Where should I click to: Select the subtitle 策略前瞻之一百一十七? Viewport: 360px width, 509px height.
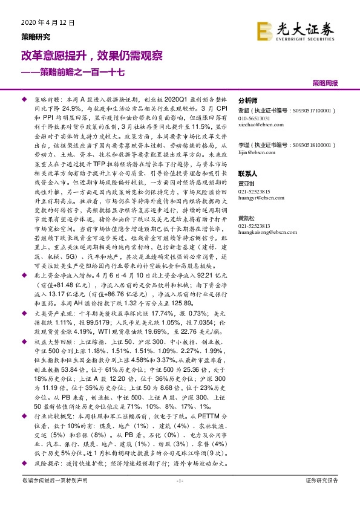coord(76,73)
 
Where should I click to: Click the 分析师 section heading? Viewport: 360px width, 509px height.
coord(247,100)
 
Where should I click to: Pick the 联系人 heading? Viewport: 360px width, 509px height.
coord(247,172)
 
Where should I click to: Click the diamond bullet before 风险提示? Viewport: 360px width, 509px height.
coord(24,447)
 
